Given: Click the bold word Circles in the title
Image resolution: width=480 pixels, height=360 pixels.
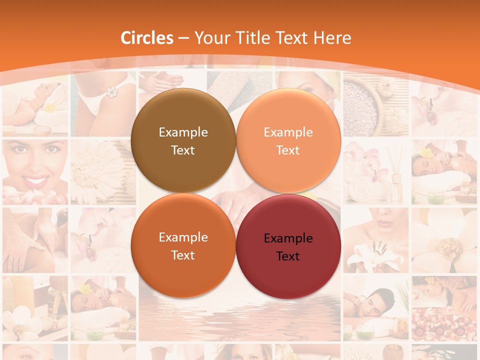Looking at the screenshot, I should pyautogui.click(x=147, y=38).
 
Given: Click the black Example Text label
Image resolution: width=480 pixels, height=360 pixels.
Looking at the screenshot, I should pyautogui.click(x=288, y=247).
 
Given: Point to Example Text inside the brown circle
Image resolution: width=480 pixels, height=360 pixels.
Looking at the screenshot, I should pyautogui.click(x=183, y=141).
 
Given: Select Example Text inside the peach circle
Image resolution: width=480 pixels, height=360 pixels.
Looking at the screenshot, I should pyautogui.click(x=288, y=141).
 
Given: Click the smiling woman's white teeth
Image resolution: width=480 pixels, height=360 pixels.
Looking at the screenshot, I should pyautogui.click(x=35, y=180).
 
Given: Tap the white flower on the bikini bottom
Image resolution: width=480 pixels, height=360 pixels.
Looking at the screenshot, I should pyautogui.click(x=111, y=92).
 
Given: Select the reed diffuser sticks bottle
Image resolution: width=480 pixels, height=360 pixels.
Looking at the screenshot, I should pyautogui.click(x=396, y=175).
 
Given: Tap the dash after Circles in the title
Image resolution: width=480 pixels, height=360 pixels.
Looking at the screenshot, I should pyautogui.click(x=183, y=38).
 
